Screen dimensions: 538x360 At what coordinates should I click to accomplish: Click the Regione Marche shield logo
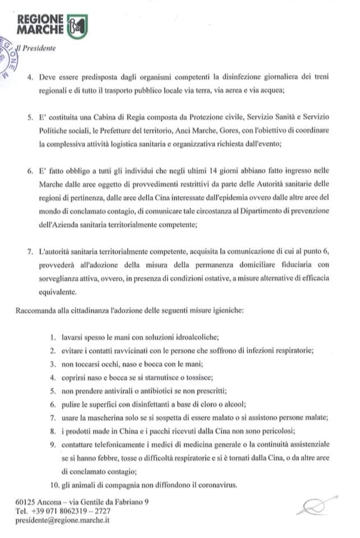[x=77, y=26]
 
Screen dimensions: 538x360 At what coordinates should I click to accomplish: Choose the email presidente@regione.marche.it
[x=63, y=520]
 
